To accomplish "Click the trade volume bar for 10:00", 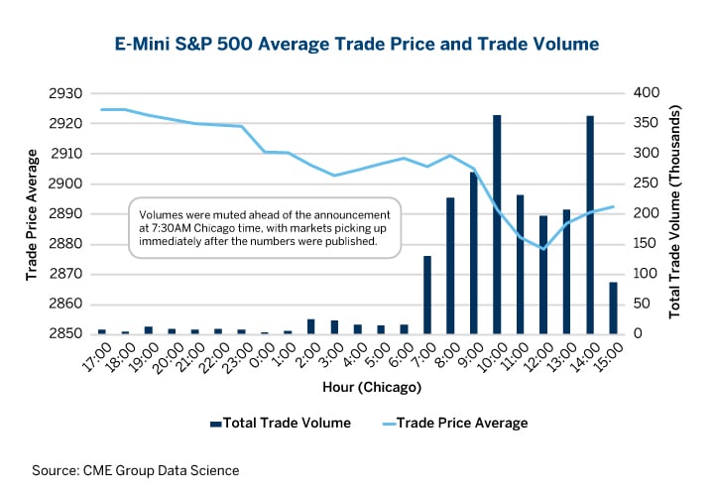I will pos(497,224).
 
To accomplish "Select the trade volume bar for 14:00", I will pos(590,225).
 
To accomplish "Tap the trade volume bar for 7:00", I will pos(427,295).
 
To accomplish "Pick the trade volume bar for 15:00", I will pos(613,308).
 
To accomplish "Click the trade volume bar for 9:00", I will pos(474,253).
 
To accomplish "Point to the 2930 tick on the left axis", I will pos(64,93).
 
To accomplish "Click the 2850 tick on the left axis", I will pos(64,334).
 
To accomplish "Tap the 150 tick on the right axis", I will pos(647,244).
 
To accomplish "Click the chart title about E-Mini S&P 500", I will pos(356,44).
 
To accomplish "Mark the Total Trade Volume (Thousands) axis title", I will pos(676,213).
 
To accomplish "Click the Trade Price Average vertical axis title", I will pos(31,213).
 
